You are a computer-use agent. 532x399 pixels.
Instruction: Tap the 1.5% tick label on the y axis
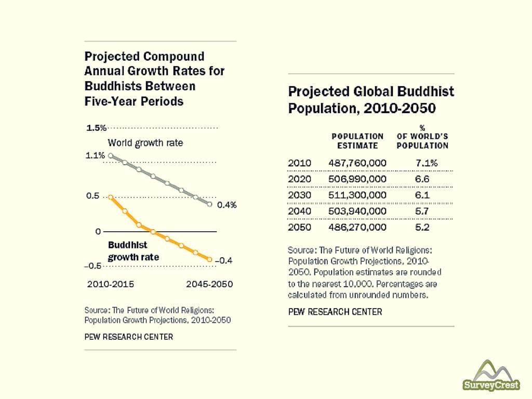click(x=96, y=128)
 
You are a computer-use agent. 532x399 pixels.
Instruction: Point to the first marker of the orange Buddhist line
click(x=111, y=197)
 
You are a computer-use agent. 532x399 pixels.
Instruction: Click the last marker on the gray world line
click(x=210, y=204)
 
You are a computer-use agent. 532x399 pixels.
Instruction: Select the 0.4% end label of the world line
click(x=227, y=205)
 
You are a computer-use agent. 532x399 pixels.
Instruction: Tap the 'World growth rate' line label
click(x=145, y=143)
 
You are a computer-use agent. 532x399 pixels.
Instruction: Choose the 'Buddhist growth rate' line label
click(x=133, y=250)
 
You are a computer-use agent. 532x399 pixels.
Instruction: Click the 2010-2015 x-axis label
click(x=110, y=284)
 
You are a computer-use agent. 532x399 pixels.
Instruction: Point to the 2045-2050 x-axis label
click(x=209, y=284)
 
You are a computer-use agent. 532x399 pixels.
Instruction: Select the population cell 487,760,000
click(x=357, y=163)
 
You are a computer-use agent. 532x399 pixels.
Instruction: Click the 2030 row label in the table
click(x=299, y=195)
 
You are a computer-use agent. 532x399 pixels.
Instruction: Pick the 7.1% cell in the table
click(x=427, y=163)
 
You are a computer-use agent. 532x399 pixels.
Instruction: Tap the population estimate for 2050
click(x=357, y=227)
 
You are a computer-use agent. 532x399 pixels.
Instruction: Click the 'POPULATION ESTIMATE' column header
click(x=357, y=141)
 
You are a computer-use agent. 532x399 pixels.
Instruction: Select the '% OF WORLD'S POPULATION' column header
click(x=422, y=136)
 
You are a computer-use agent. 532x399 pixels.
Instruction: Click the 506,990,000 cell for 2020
click(x=357, y=179)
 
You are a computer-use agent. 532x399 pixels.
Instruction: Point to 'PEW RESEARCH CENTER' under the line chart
click(x=129, y=337)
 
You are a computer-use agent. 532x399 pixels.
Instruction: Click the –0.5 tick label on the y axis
click(x=94, y=266)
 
